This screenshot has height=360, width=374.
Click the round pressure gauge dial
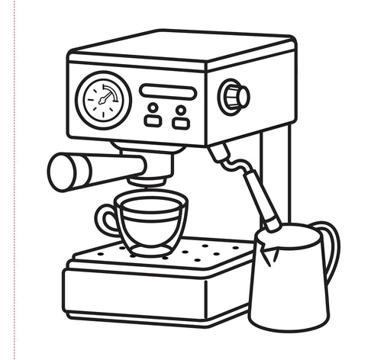pos(104,100)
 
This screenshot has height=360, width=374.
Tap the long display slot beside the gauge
pos(168,92)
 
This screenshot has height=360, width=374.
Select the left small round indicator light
pos(153,108)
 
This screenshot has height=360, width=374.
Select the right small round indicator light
pos(180,108)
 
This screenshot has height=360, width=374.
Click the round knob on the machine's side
pos(234,97)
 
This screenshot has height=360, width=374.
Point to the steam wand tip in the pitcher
pos(270,223)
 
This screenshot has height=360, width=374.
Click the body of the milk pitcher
pos(288,282)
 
